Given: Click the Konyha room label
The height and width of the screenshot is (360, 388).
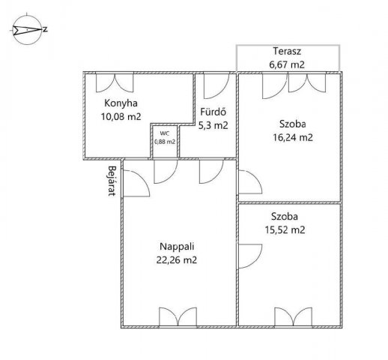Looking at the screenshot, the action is pyautogui.click(x=121, y=103).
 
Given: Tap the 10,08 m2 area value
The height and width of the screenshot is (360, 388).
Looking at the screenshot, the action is pyautogui.click(x=121, y=116).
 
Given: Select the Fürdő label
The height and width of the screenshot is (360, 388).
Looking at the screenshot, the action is pyautogui.click(x=213, y=112).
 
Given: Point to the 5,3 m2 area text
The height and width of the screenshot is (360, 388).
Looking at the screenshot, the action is pyautogui.click(x=213, y=125).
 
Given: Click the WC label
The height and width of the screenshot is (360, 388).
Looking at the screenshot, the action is pyautogui.click(x=165, y=133).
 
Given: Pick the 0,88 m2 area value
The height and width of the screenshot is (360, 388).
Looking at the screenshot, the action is pyautogui.click(x=165, y=142).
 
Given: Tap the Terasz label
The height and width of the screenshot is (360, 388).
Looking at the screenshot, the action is pyautogui.click(x=287, y=51).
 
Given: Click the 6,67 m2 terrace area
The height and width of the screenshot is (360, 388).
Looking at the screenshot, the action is pyautogui.click(x=287, y=64).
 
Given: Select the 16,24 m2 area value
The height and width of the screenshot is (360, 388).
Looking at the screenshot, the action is pyautogui.click(x=293, y=137).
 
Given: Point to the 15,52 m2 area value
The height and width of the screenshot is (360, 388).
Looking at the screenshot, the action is pyautogui.click(x=285, y=229).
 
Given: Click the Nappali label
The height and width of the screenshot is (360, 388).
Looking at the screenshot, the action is pyautogui.click(x=177, y=247).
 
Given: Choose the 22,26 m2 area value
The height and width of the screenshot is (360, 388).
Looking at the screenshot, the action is pyautogui.click(x=177, y=260).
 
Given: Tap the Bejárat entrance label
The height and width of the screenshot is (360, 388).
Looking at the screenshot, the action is pyautogui.click(x=112, y=181).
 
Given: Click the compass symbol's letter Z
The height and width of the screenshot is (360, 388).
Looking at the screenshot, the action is pyautogui.click(x=45, y=30).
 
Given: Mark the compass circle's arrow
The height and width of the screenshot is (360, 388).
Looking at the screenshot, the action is pyautogui.click(x=27, y=30).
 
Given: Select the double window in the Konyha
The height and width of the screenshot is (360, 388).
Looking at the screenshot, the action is pyautogui.click(x=115, y=82).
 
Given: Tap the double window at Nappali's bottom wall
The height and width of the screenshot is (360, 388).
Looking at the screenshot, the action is pyautogui.click(x=178, y=316).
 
